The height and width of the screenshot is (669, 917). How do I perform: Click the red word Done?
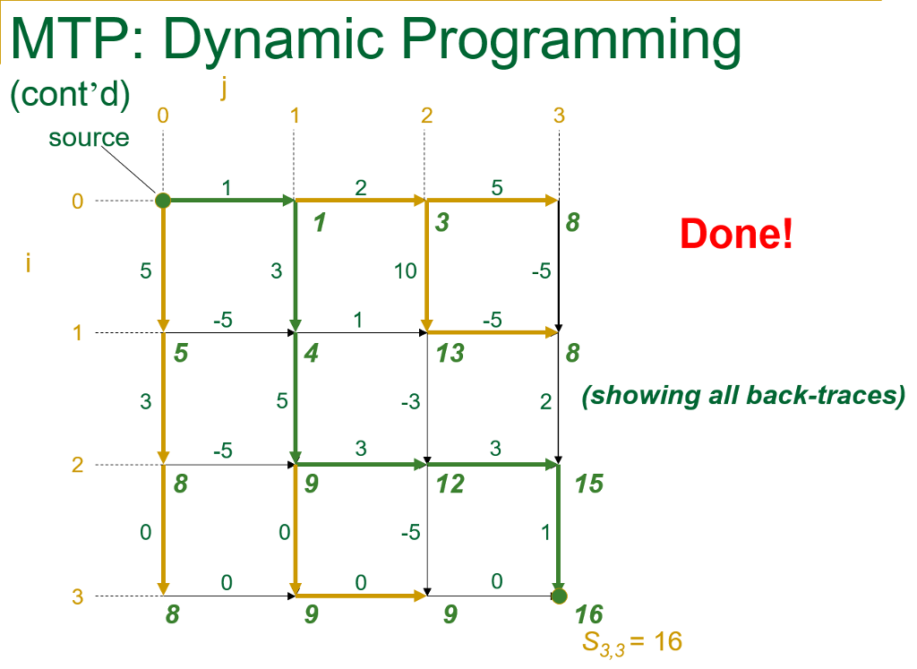point(736,235)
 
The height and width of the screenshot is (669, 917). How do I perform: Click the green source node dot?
point(163,201)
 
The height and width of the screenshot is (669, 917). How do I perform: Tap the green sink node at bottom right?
point(559,596)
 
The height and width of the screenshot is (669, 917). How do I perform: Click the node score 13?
point(450,353)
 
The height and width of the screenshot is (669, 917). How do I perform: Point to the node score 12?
point(450,485)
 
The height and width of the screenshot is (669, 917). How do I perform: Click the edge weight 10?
point(406,270)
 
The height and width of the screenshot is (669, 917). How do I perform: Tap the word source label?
point(89,138)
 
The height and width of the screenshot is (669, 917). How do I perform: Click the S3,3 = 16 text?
point(633,641)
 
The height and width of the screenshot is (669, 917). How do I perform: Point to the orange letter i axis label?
point(29,265)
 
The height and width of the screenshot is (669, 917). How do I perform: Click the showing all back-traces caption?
point(743,396)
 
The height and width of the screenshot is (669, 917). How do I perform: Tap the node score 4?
point(312,353)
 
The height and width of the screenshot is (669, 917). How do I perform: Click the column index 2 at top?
point(426,115)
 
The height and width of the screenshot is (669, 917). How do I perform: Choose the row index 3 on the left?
point(78,596)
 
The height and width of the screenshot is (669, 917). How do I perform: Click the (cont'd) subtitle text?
point(70,94)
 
